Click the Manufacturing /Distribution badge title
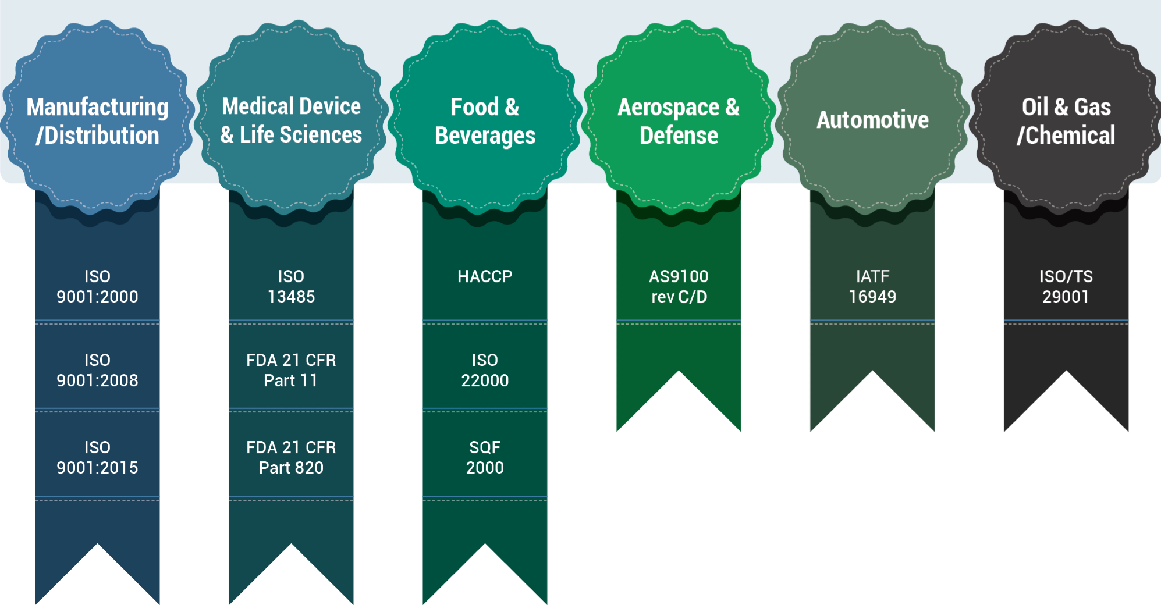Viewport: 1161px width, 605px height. (98, 121)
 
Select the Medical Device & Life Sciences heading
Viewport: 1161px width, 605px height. (291, 120)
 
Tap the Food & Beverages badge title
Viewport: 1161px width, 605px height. (485, 121)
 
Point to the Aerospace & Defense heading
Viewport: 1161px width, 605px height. (679, 121)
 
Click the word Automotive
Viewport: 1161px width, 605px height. (872, 120)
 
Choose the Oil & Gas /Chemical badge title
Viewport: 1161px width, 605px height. (1066, 121)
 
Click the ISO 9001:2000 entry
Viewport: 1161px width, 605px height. (97, 286)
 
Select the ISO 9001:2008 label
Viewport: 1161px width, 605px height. (97, 370)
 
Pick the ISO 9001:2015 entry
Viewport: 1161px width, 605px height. (97, 457)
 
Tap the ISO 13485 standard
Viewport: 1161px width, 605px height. (291, 286)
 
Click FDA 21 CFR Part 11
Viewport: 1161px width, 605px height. (291, 370)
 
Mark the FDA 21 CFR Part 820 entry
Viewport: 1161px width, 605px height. (291, 457)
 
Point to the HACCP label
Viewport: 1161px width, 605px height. (485, 276)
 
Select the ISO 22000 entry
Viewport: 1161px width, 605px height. (485, 370)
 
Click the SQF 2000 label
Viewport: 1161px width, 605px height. (485, 457)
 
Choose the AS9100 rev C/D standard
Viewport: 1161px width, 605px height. (679, 286)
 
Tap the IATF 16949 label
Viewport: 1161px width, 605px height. (872, 286)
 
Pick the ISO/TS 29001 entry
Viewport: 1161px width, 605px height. (1066, 286)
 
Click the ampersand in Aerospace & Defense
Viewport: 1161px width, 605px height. (733, 107)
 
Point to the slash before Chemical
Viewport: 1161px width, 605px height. (1021, 136)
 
